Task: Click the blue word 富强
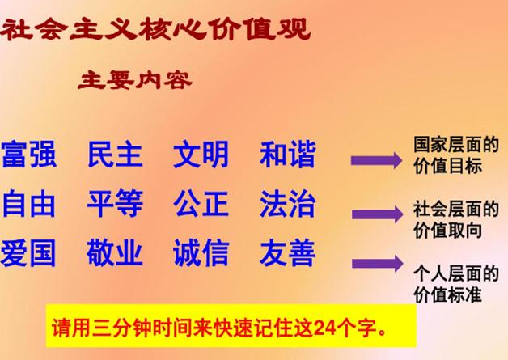coord(29,155)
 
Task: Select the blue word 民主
coord(116,155)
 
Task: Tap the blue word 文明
coord(201,155)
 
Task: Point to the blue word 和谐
coord(288,155)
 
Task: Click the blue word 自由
coord(29,204)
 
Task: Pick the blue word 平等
coord(116,204)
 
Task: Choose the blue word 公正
coord(201,204)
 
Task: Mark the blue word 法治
coord(288,204)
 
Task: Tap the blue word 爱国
coord(28,252)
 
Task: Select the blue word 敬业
coord(115,252)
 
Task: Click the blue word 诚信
coord(201,252)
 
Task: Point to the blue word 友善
coord(288,252)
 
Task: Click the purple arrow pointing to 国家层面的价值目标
coord(376,160)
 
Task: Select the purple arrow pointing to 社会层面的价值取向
coord(378,214)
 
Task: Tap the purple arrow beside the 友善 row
coord(378,264)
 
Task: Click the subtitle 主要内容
coord(135,80)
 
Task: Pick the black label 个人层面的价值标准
coord(456,284)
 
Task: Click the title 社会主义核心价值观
coord(155,29)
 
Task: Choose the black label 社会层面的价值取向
coord(456,219)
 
